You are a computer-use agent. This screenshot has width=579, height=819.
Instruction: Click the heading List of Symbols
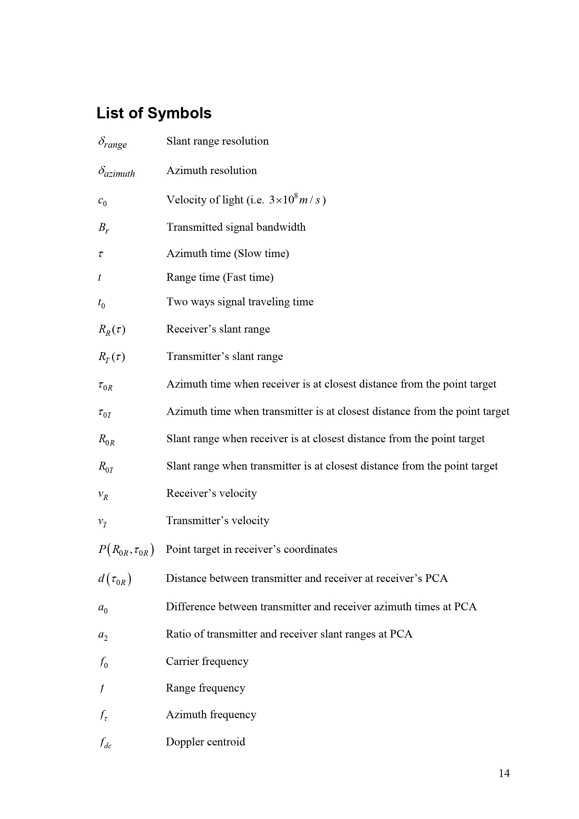(x=154, y=113)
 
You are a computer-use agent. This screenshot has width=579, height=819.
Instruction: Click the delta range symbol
(x=112, y=142)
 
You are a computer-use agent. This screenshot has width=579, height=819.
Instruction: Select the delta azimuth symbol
(x=116, y=172)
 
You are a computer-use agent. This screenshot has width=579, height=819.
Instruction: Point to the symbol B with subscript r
(x=103, y=228)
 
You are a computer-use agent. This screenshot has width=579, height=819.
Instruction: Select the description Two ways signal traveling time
(x=239, y=302)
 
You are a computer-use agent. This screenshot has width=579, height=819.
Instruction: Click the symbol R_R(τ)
(x=112, y=329)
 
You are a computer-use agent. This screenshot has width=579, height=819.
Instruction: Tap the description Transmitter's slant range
(x=225, y=357)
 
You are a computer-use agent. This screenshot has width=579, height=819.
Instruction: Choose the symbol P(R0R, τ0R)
(x=126, y=550)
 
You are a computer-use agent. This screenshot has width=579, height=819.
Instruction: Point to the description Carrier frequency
(x=207, y=661)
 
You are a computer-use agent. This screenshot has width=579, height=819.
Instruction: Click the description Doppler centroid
(x=205, y=742)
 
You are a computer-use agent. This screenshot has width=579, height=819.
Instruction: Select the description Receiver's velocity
(x=211, y=493)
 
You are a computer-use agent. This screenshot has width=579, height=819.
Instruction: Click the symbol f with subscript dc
(x=106, y=743)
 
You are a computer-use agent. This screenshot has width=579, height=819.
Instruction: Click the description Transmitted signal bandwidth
(x=236, y=227)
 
